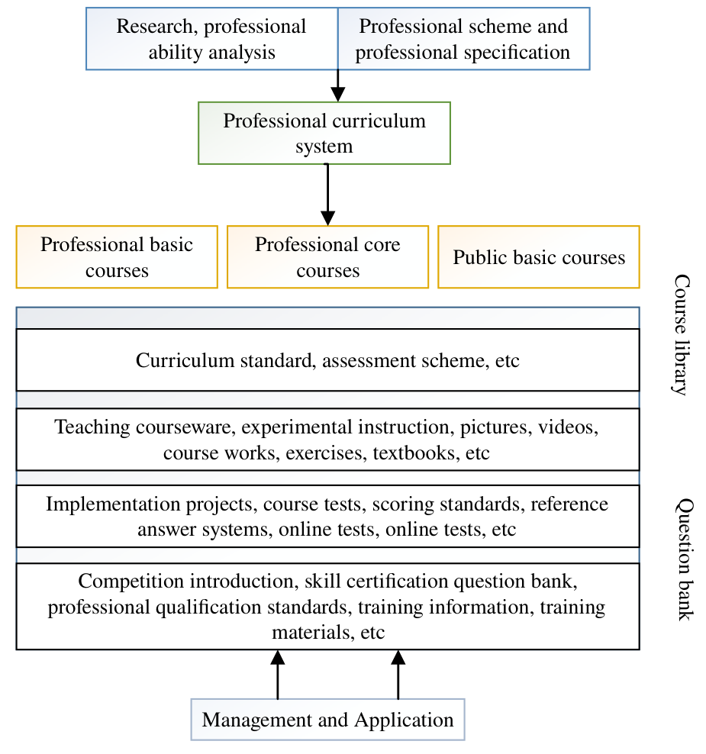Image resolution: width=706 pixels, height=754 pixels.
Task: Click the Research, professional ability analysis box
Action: click(212, 38)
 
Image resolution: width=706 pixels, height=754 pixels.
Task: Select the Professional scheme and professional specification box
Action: click(464, 38)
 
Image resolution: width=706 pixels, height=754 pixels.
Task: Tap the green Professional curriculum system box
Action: click(324, 134)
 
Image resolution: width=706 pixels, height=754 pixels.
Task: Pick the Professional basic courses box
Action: click(117, 256)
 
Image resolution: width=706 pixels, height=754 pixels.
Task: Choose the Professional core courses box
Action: click(328, 256)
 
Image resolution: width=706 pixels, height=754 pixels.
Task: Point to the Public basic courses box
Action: click(539, 256)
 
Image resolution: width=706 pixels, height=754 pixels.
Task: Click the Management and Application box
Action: click(328, 720)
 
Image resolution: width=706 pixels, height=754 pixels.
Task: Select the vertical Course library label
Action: click(682, 335)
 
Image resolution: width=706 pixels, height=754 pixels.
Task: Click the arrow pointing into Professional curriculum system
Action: click(338, 85)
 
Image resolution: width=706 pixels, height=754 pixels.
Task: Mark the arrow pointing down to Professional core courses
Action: click(328, 195)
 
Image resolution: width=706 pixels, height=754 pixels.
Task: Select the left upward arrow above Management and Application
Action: click(278, 675)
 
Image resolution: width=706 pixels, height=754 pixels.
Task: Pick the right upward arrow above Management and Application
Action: click(398, 675)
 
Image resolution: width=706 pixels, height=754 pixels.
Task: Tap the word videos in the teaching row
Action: click(568, 427)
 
